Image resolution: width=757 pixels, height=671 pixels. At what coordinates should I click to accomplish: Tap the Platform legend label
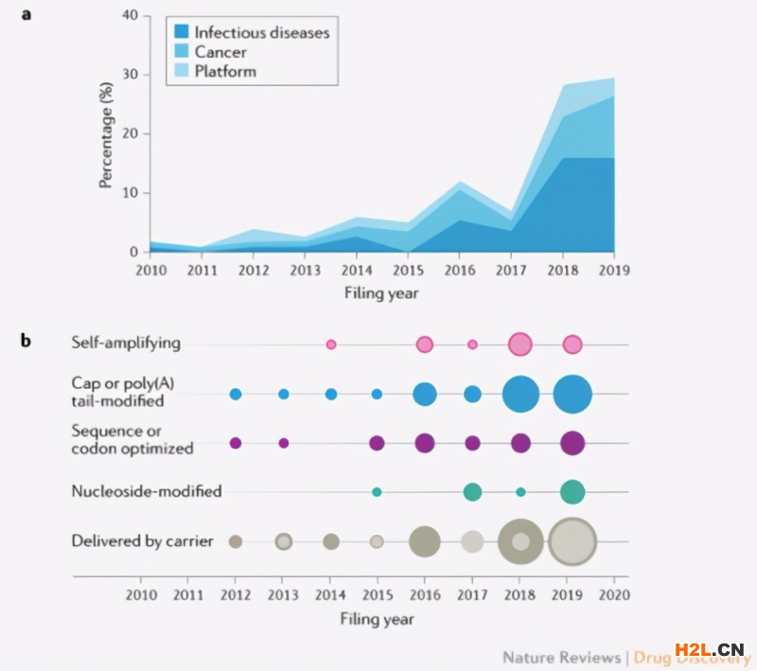pos(225,70)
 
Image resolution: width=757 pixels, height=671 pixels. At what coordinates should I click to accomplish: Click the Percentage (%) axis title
pos(107,134)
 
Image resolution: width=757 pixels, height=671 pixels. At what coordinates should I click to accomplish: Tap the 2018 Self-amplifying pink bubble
pos(519,344)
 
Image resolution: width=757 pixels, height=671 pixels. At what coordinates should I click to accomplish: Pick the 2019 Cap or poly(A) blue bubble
pos(572,394)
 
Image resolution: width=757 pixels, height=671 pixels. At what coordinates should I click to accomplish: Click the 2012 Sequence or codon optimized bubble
pos(236,443)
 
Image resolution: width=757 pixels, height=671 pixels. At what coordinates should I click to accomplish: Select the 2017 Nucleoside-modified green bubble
pos(472,492)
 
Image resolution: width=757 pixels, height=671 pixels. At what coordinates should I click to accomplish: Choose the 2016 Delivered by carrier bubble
pos(425,541)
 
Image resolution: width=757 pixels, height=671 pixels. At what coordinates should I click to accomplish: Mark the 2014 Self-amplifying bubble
pos(331,344)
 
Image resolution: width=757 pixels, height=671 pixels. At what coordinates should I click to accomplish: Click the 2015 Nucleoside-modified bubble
pos(377,492)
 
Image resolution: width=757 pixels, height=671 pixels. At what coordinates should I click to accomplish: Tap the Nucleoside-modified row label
pos(147,491)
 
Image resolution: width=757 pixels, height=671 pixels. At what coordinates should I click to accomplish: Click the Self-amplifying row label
pos(126,343)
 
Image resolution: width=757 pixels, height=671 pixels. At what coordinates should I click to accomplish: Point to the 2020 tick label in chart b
pos(614,595)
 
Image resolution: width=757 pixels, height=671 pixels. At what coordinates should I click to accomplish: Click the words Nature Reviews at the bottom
pos(560,657)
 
